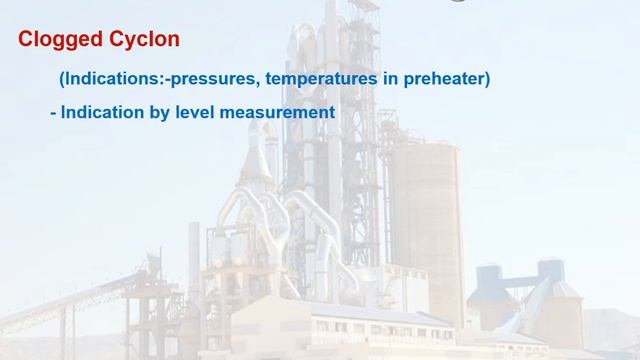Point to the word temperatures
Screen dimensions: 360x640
pos(317,78)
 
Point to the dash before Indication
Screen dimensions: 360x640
pos(52,113)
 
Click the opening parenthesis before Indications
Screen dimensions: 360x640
pos(62,78)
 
